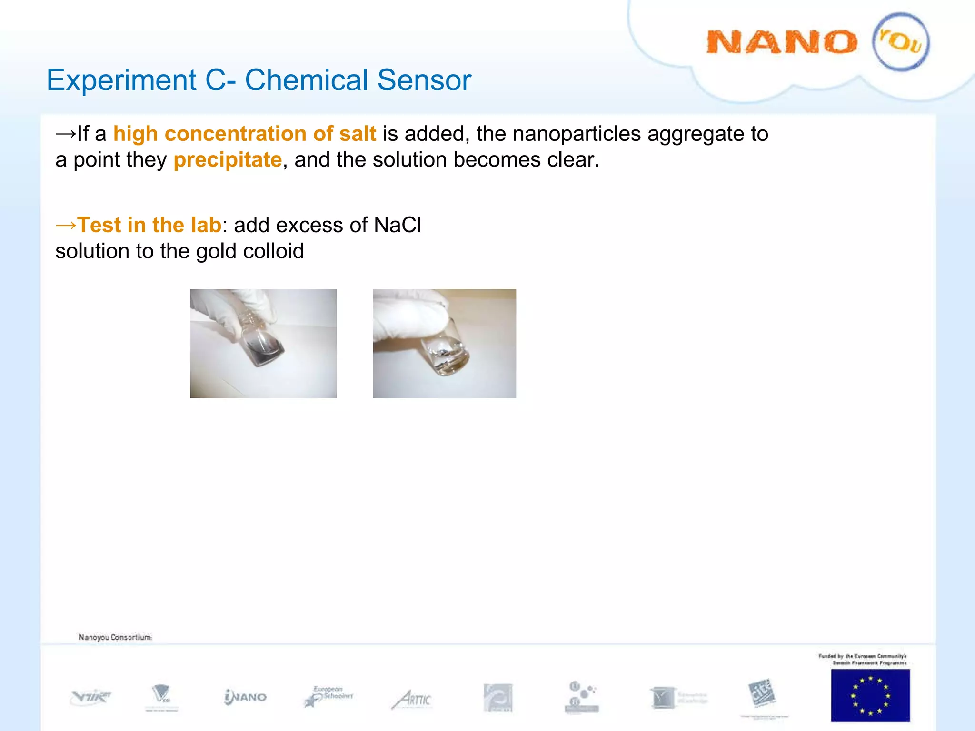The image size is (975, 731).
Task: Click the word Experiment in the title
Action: (x=121, y=80)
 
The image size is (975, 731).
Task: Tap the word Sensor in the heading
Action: (x=424, y=80)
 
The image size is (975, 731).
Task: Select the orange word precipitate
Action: (x=228, y=160)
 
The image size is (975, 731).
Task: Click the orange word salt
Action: (x=357, y=134)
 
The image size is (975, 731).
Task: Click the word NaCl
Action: (x=398, y=225)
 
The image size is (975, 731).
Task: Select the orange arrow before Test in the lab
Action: (x=66, y=225)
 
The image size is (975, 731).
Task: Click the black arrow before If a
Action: (x=66, y=134)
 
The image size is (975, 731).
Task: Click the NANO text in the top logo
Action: (x=781, y=42)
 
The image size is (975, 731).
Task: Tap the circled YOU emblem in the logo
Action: (x=901, y=42)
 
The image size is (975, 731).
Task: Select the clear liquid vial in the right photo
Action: (x=448, y=355)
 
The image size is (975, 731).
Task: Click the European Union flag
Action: (x=870, y=695)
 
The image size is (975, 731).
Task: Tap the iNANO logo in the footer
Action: (x=245, y=697)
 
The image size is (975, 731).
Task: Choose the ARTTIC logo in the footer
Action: (x=412, y=699)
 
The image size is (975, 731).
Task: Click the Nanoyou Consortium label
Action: (x=115, y=637)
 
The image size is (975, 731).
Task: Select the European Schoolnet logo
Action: (x=328, y=696)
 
